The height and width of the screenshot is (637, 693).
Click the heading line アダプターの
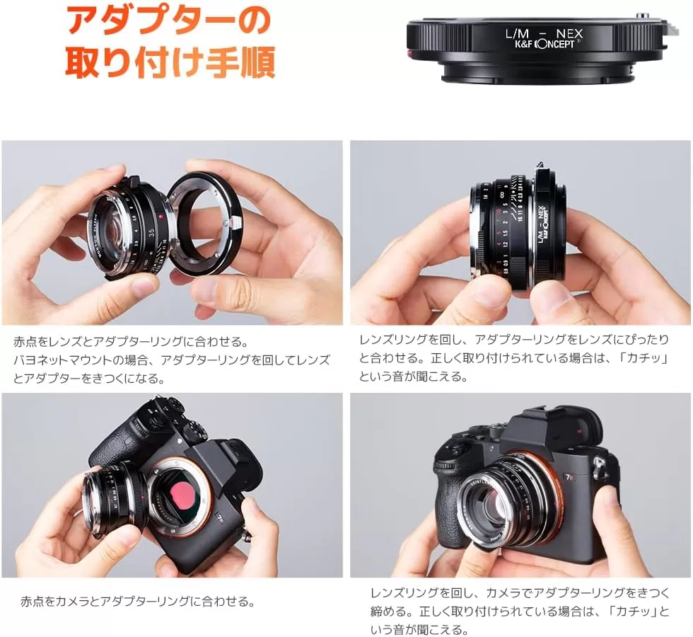tap(168, 21)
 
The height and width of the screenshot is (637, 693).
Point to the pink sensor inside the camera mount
tap(184, 493)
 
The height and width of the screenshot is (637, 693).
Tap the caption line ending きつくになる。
tap(88, 379)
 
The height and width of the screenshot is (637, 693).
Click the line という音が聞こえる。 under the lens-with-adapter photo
tap(414, 377)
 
